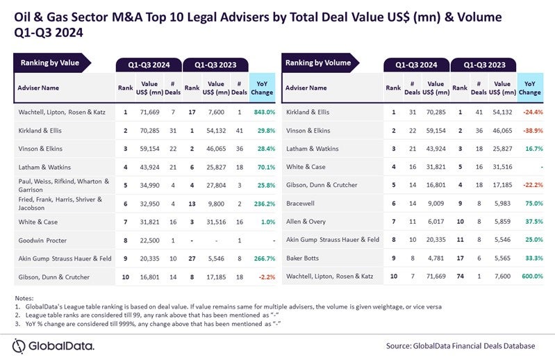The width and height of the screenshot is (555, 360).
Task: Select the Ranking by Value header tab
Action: click(x=50, y=63)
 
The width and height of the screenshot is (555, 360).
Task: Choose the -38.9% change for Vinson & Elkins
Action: click(x=529, y=129)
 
